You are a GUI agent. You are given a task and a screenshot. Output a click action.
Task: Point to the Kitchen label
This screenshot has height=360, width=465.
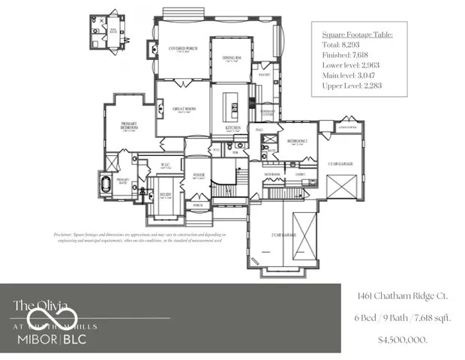(x=232, y=128)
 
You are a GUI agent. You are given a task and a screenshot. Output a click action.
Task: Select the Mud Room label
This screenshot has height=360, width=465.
(x=271, y=173)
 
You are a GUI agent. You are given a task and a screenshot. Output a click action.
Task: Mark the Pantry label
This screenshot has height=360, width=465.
(x=264, y=75)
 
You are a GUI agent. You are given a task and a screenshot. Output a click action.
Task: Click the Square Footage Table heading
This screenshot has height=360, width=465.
(x=357, y=34)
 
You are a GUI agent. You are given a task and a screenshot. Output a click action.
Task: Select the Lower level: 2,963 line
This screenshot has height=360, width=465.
(x=350, y=65)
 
